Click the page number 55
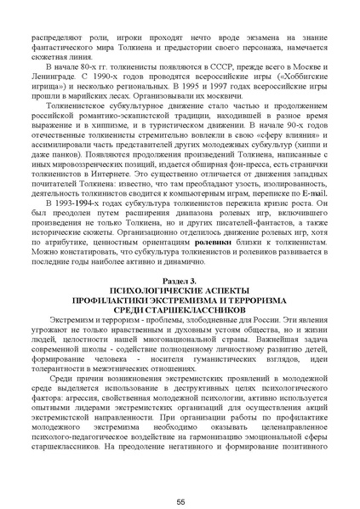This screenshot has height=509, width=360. pos(180,478)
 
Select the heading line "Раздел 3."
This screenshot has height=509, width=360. pos(180,279)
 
